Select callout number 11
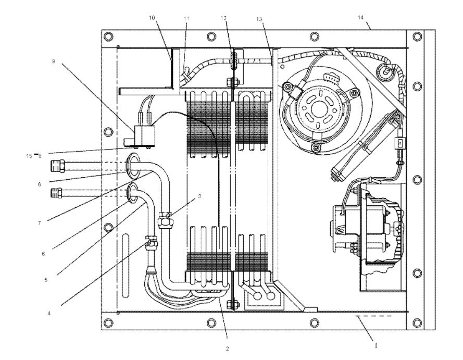pyautogui.click(x=186, y=18)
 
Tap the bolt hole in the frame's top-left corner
pyautogui.click(x=108, y=36)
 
